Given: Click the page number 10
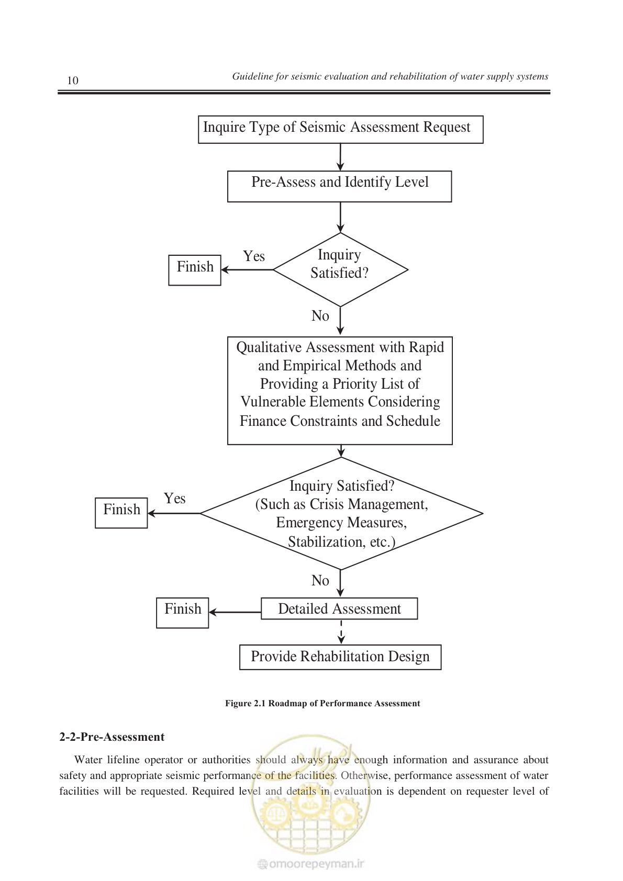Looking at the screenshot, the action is tap(73, 81).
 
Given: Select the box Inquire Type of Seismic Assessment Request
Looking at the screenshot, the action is tap(340, 129).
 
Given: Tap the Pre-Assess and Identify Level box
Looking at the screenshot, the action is tap(339, 186).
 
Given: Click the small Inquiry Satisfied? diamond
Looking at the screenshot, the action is tap(340, 270).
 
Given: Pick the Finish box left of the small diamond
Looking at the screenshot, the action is tap(195, 270).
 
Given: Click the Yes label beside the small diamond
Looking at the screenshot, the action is tap(254, 256).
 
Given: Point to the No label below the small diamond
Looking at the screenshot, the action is tap(320, 316).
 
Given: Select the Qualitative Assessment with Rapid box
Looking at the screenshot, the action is tap(340, 391).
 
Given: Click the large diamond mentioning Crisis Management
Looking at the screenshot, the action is tap(341, 513).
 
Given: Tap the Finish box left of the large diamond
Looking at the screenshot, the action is tap(121, 513).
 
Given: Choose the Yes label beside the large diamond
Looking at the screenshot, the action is tap(174, 499).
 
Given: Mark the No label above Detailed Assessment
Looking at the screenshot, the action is tap(320, 581).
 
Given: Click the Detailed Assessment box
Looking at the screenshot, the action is tap(339, 609).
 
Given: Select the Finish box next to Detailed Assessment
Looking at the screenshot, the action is tap(183, 613).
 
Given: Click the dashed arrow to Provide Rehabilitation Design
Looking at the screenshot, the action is tap(341, 632).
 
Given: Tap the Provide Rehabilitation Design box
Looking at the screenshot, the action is tap(340, 657).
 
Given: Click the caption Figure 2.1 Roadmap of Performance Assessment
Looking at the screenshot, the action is tap(322, 704).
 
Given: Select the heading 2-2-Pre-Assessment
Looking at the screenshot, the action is tap(112, 737).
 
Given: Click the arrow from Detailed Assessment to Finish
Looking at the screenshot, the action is tap(235, 613).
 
